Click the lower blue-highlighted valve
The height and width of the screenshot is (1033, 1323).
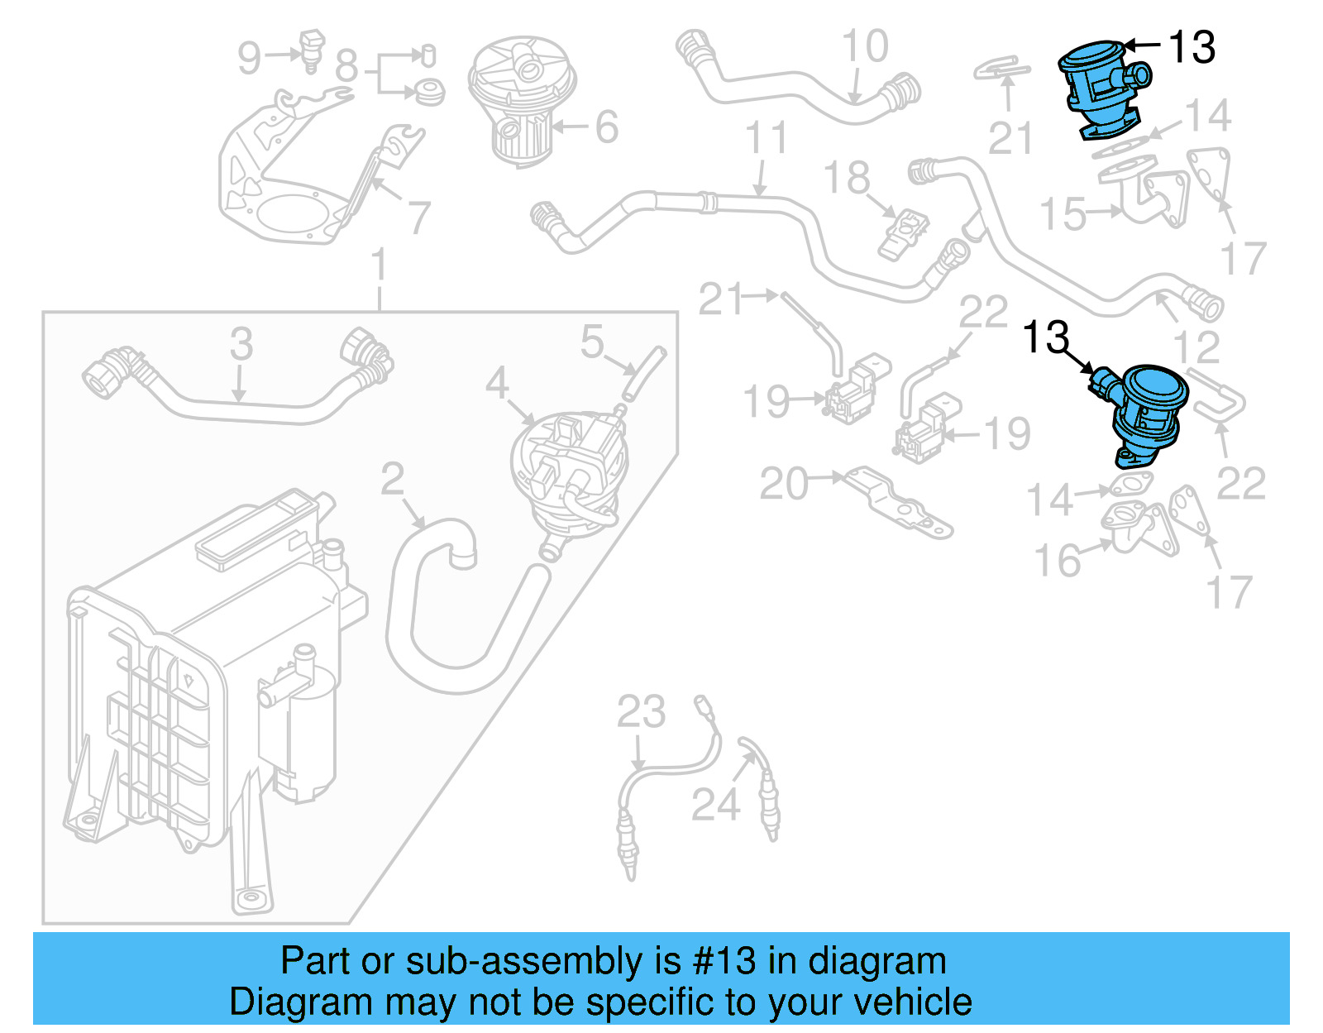point(1146,414)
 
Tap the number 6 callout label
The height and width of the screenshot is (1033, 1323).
point(606,127)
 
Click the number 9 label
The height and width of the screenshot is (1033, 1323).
point(249,58)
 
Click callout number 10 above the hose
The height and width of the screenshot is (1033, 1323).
point(865,46)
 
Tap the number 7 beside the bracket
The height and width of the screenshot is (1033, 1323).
point(419,218)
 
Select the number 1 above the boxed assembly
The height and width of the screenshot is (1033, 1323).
point(379,265)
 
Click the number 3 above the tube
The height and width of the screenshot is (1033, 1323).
point(241,343)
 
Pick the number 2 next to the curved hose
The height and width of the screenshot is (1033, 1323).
point(392,479)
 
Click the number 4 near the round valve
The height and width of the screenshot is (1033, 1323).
point(496,382)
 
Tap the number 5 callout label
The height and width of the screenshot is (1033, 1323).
point(592,341)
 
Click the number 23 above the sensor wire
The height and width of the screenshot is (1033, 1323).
point(641,711)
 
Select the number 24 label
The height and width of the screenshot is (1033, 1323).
point(715,804)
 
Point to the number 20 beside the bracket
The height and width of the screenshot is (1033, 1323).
point(784,484)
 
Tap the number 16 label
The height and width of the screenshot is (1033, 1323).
point(1058,561)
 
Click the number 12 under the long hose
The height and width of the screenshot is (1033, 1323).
point(1196,347)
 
